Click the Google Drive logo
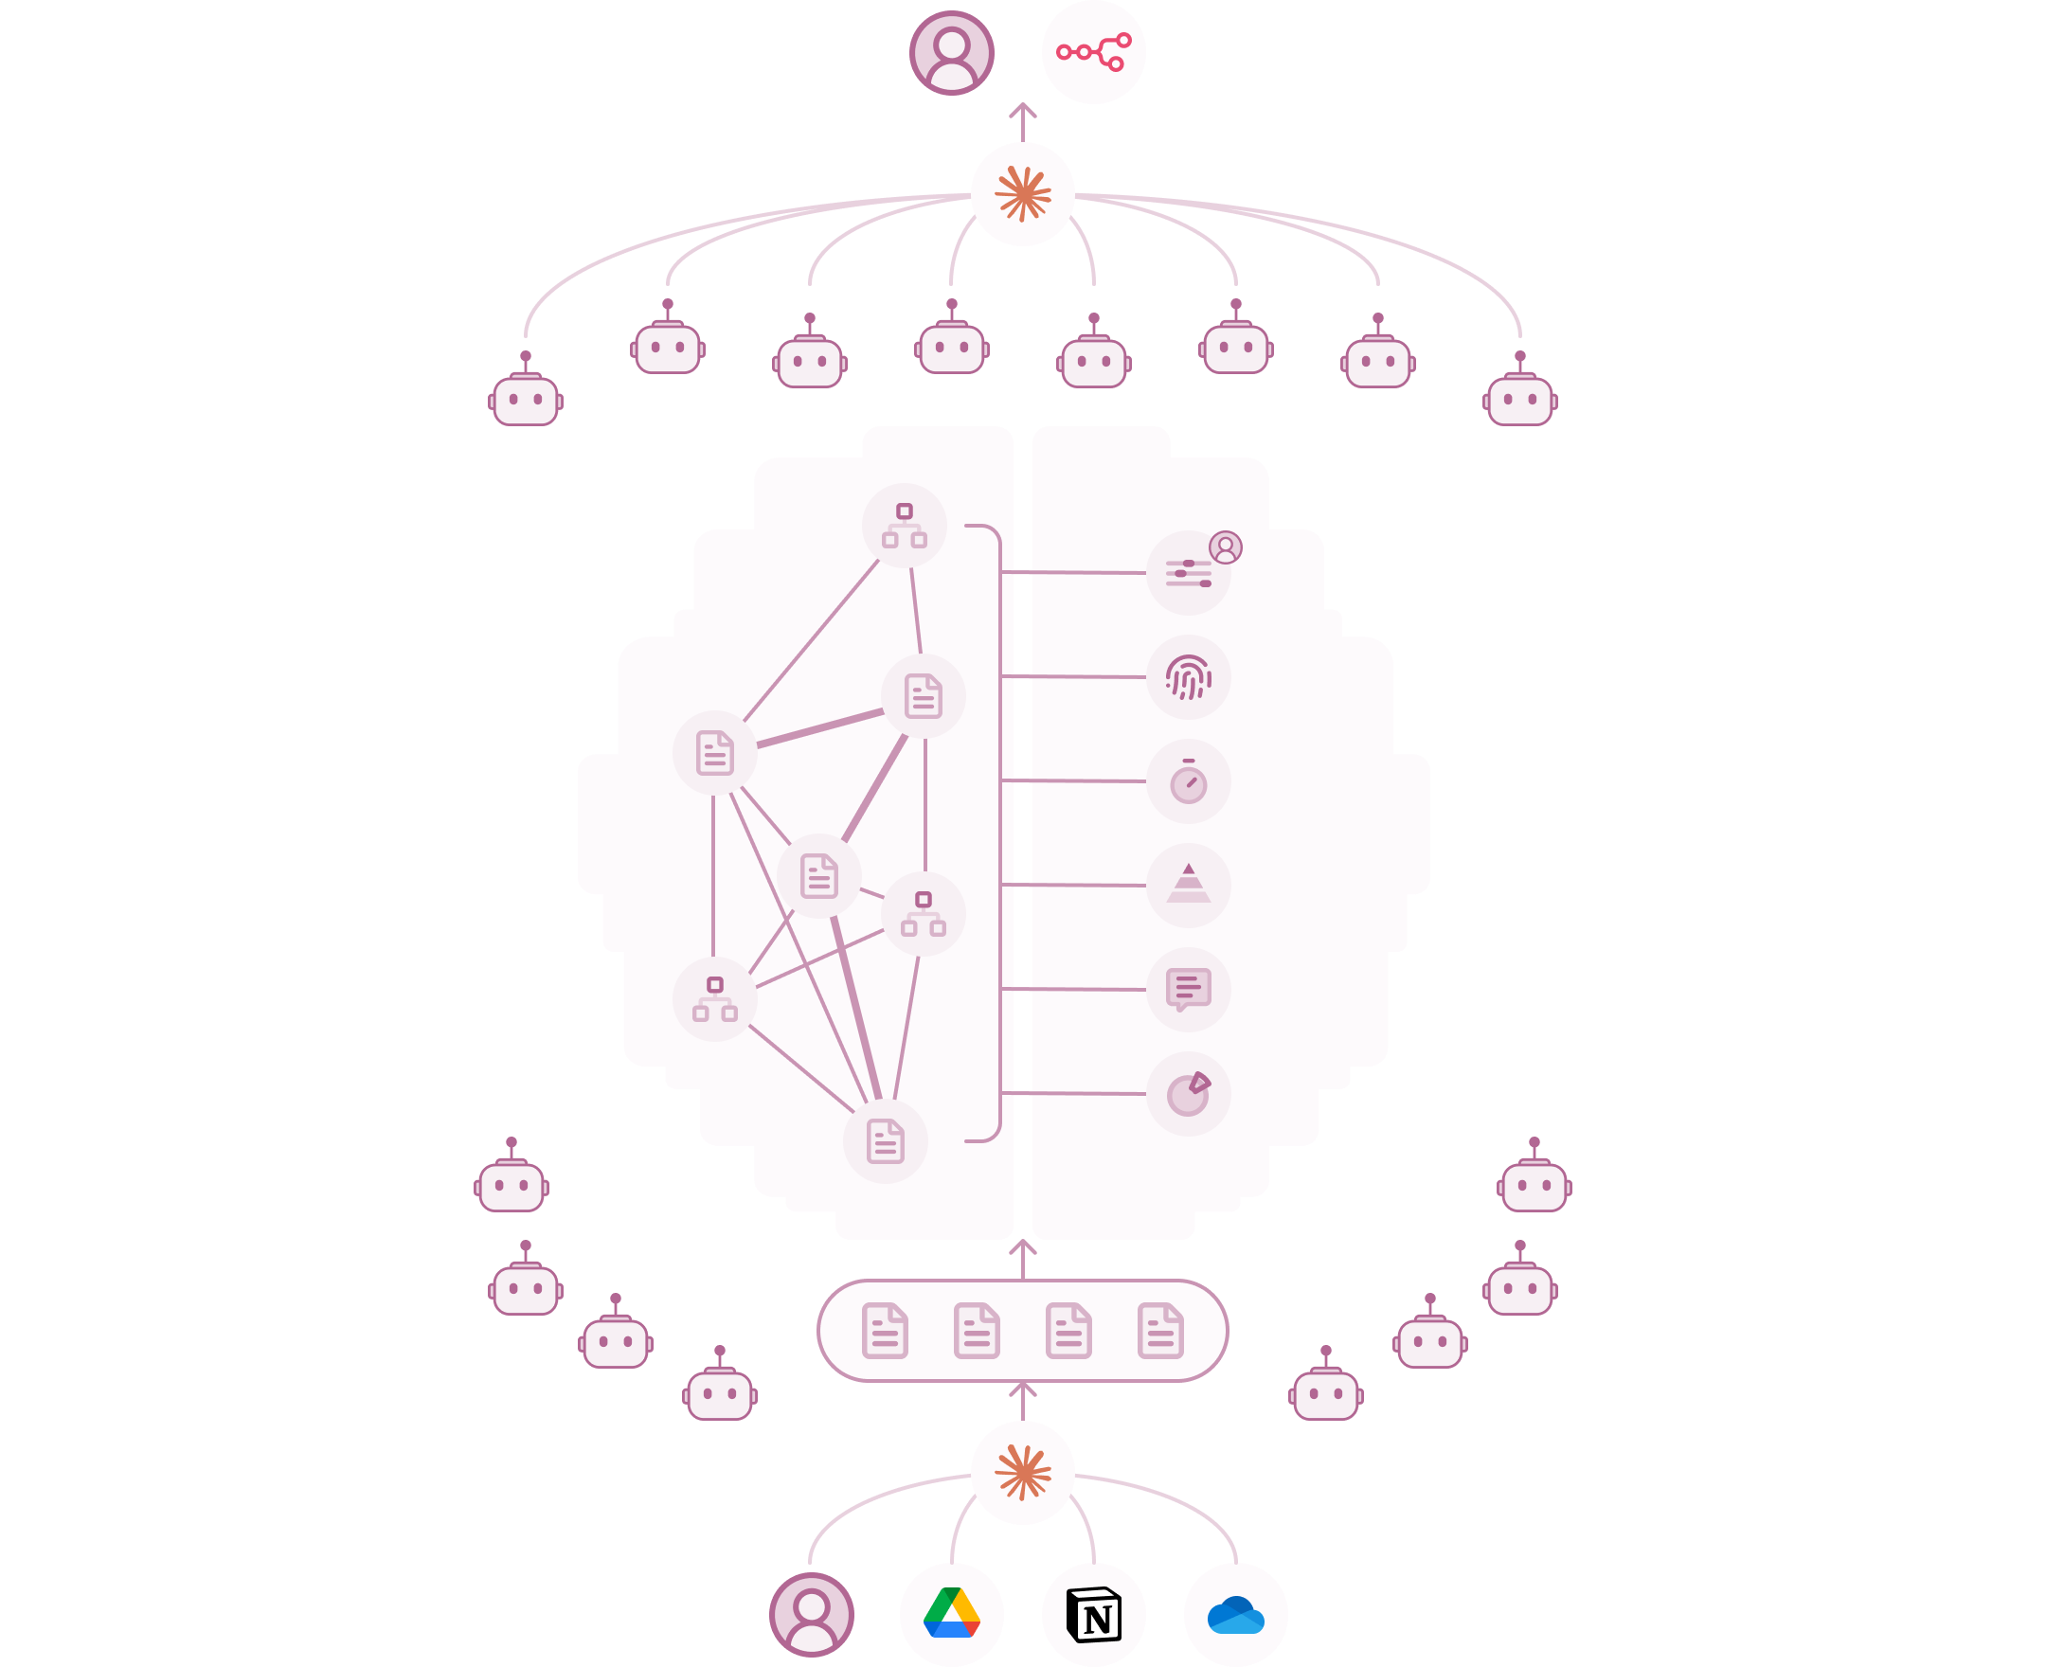951,1614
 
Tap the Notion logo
1094,1614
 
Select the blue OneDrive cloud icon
1236,1614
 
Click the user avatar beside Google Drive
811,1614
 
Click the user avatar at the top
951,52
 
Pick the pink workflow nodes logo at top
1094,52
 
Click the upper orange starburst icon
1022,194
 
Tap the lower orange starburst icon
1022,1472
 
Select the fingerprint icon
1189,677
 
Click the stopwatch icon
1189,780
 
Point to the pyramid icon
1189,885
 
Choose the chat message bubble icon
1189,989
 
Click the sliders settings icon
1188,574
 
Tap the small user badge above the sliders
1225,547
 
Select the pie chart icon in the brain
1189,1094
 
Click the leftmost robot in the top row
525,394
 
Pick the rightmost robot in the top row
1520,394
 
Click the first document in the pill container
885,1331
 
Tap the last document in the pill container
1159,1331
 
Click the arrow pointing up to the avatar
1022,120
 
